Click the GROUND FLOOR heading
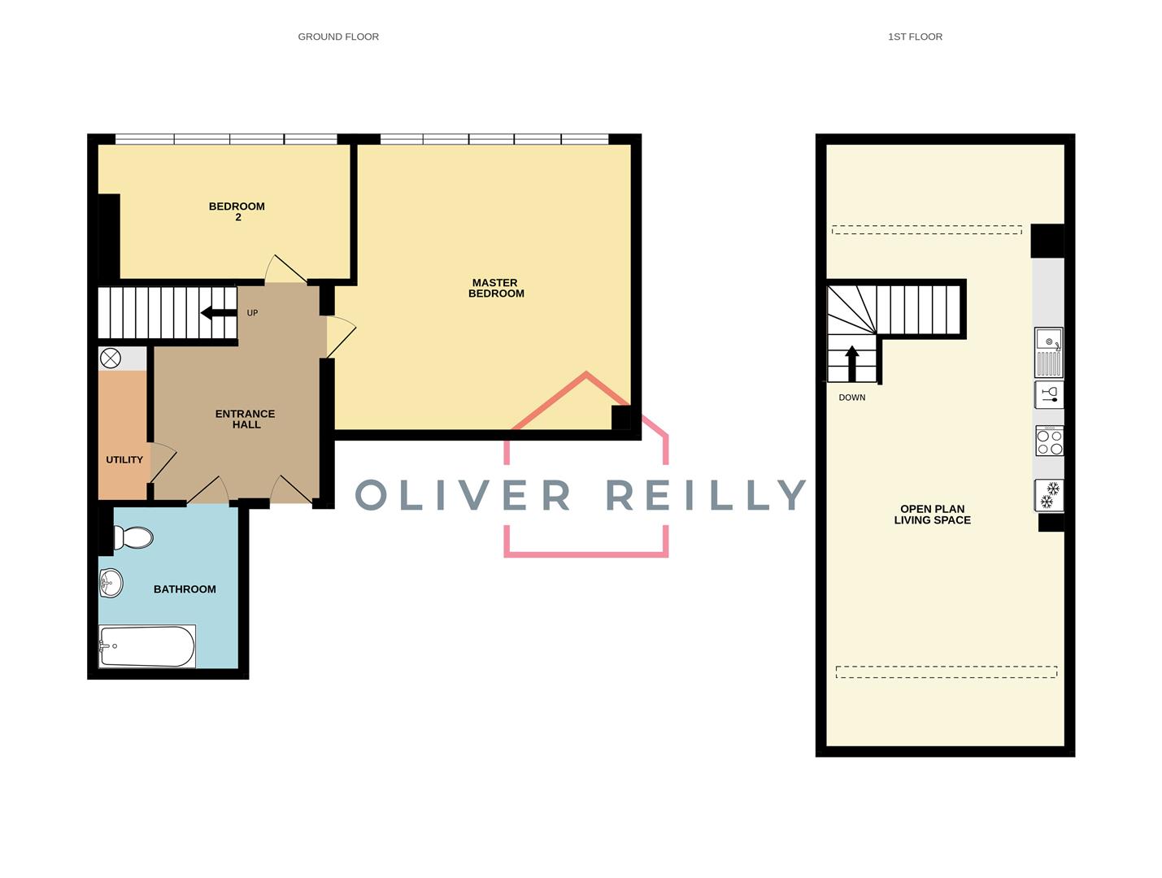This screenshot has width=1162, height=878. pos(338,37)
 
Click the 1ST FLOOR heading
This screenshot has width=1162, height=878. pos(915,37)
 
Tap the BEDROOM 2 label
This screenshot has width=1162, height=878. pos(237,211)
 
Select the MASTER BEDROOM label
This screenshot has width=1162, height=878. pos(496,288)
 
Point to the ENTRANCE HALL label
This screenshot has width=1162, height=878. pos(245,419)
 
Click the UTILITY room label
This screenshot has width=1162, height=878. pos(124,459)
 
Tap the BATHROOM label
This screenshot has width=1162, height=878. pos(185,589)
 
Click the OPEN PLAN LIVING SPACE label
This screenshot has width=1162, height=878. pos(932,514)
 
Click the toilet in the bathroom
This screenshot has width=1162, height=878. pos(133,537)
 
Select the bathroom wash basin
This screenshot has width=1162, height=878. pos(111,582)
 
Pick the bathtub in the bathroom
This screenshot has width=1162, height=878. pos(146,646)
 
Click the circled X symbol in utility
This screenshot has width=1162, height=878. pos(110,358)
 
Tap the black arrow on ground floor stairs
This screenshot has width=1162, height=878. pos(218,313)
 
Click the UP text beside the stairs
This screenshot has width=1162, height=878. pos(252,313)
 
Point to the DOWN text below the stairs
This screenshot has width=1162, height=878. pos(851,398)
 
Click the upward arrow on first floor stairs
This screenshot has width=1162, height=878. pos(852,363)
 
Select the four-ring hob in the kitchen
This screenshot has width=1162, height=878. pos(1049,441)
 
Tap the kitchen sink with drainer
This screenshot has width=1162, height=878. pos(1048,352)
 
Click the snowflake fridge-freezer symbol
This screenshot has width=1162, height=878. pos(1049,494)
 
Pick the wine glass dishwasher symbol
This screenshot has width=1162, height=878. pos(1049,395)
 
